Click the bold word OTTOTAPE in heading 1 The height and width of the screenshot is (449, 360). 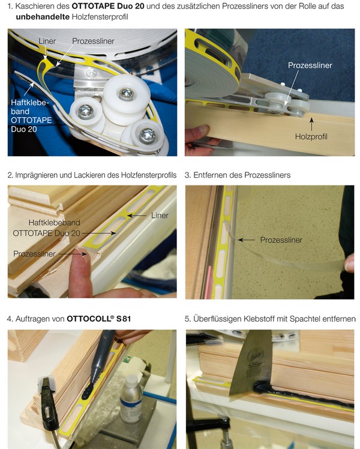tap(93, 6)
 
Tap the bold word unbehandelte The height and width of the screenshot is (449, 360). tap(43, 17)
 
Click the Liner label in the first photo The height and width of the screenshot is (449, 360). tap(47, 41)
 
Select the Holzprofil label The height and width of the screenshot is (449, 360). tap(311, 137)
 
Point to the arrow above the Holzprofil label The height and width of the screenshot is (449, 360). tap(311, 124)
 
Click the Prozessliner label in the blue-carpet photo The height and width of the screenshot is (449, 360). tap(310, 65)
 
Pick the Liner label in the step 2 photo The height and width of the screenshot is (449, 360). tap(160, 215)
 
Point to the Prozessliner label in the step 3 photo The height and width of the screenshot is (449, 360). tap(281, 240)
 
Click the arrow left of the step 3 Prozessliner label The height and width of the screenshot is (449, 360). tap(246, 240)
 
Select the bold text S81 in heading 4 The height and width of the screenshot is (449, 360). tap(124, 319)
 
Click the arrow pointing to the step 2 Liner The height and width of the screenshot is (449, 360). tap(137, 215)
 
